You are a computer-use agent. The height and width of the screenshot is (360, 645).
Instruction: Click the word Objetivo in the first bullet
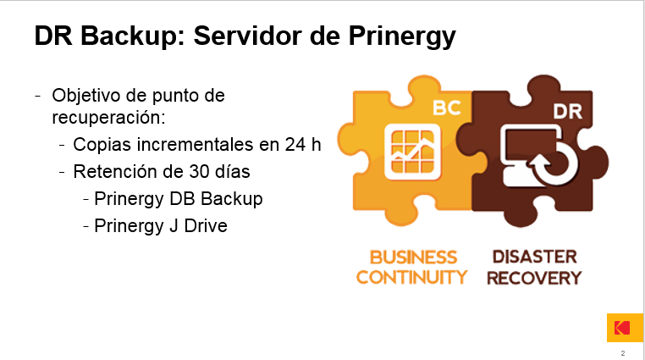[86, 96]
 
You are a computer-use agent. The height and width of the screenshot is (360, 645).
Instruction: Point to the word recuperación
[108, 118]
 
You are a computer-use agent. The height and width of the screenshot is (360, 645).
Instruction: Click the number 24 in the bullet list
[295, 144]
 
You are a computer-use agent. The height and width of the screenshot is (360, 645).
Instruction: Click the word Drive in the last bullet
[206, 226]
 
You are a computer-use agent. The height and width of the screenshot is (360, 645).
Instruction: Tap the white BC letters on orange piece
[447, 108]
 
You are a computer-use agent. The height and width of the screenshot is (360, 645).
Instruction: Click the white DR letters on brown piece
[568, 112]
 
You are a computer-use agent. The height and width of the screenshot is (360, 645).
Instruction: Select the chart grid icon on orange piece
[412, 152]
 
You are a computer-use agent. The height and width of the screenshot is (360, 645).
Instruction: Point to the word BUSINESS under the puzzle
[413, 258]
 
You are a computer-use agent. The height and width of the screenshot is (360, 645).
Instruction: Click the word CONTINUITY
[411, 277]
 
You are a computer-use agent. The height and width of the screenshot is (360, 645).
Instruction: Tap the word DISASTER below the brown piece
[535, 257]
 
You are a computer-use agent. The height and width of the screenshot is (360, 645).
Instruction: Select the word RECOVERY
[534, 278]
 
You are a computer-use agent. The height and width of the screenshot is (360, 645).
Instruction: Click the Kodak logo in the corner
[625, 328]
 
